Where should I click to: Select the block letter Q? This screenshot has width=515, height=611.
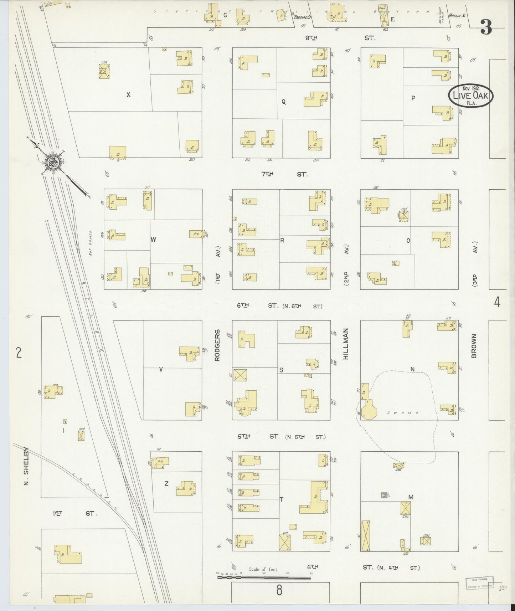[x=284, y=102]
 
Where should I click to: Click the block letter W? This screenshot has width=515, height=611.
[x=153, y=240]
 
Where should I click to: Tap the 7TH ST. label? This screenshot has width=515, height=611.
[x=284, y=174]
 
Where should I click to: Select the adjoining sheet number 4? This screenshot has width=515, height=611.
[x=497, y=303]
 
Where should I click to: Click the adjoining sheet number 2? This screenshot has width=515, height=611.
[x=19, y=353]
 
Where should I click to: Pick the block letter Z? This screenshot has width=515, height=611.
[x=166, y=483]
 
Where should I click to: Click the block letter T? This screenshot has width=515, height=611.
[x=282, y=499]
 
